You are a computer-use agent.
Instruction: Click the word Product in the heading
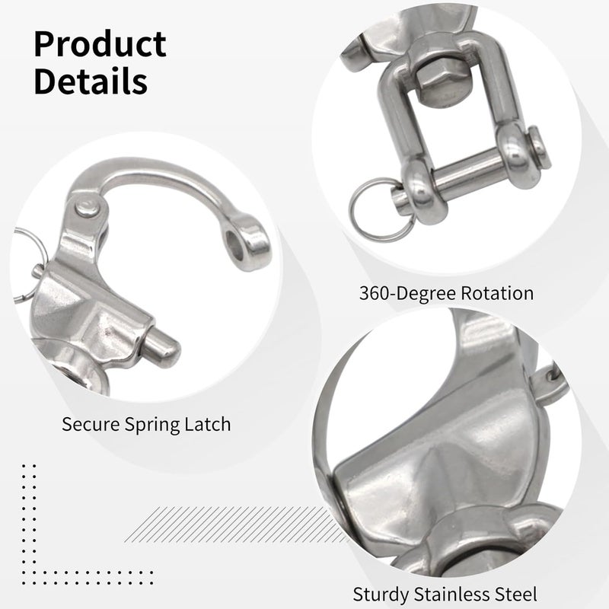[100, 43]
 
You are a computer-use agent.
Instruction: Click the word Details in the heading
[91, 81]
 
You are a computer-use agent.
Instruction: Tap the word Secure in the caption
[91, 424]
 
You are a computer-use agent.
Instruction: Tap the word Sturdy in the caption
[381, 595]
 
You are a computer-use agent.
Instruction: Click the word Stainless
[451, 594]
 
